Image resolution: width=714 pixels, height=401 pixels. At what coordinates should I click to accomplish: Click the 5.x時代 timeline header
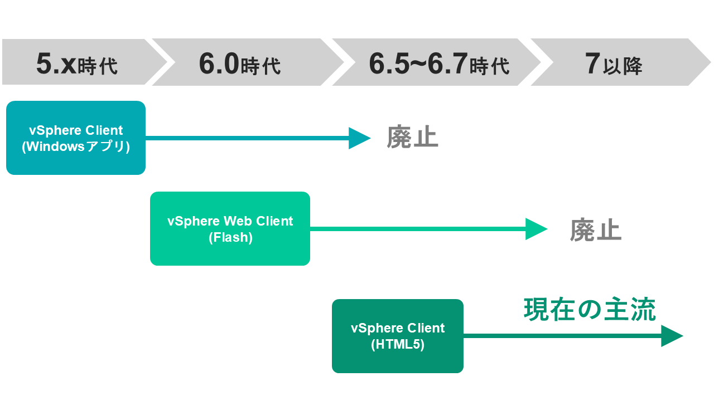click(x=77, y=62)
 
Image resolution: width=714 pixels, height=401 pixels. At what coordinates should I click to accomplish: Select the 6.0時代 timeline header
click(x=240, y=62)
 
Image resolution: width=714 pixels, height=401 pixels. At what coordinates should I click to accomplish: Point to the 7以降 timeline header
click(x=614, y=62)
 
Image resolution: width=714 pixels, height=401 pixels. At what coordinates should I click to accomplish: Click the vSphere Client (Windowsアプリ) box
click(x=76, y=138)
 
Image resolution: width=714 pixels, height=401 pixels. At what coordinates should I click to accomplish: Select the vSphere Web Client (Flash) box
click(x=230, y=228)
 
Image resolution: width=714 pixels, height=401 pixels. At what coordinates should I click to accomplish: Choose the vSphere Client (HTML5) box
click(x=397, y=336)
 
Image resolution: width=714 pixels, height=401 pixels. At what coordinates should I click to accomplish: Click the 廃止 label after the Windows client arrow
click(x=413, y=138)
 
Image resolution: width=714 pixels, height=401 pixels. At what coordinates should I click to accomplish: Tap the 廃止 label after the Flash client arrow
click(x=595, y=229)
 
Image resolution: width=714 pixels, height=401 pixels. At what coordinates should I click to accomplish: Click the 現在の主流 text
click(x=590, y=310)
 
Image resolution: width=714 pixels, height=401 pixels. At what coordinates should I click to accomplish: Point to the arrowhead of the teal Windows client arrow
click(x=359, y=138)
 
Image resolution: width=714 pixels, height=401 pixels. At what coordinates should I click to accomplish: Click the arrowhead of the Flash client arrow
click(x=535, y=229)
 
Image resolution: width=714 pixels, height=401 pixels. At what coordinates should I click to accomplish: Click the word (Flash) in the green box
click(x=230, y=237)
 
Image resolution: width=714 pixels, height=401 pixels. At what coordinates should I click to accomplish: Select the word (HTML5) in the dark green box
click(x=397, y=345)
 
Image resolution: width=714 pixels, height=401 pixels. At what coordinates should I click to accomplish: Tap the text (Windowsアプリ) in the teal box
click(x=76, y=147)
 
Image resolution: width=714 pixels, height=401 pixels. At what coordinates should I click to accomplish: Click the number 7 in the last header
click(x=592, y=63)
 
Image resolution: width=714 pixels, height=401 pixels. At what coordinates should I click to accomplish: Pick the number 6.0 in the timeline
click(x=219, y=63)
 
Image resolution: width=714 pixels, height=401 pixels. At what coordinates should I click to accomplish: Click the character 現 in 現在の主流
click(x=536, y=310)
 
